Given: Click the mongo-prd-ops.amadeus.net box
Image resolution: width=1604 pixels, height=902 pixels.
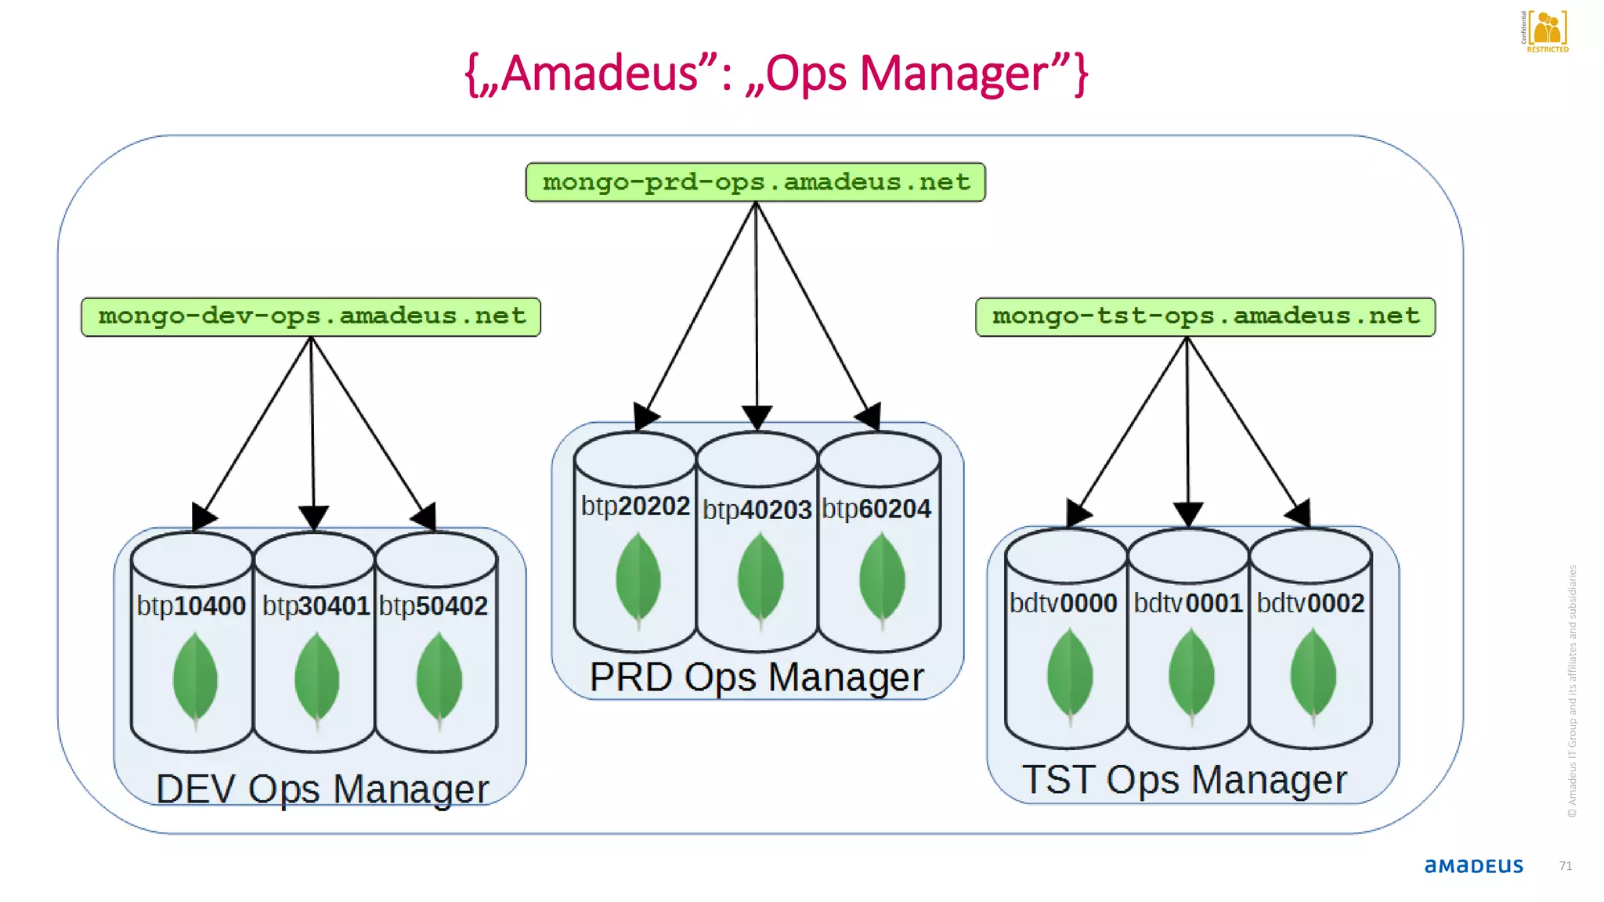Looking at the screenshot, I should [755, 182].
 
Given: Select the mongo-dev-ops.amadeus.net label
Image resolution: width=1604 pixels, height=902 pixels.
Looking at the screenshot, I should [311, 316].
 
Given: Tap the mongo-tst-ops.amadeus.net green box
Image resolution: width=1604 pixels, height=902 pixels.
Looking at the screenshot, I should [1205, 316].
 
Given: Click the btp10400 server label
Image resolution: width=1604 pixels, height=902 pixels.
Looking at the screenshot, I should [191, 605].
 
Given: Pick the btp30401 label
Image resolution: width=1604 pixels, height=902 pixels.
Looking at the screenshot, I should [315, 605].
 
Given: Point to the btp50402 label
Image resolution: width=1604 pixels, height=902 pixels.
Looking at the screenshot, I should [433, 605].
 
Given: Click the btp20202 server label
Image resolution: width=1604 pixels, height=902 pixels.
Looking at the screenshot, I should [635, 506].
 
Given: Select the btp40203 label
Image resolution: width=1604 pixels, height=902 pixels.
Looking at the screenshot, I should [757, 510].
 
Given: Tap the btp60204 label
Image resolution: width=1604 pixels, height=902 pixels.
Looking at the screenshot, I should [876, 509].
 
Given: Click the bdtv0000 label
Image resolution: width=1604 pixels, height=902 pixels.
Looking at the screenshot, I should [1063, 603].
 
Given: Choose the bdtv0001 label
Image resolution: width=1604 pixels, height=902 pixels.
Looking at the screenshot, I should [1187, 603].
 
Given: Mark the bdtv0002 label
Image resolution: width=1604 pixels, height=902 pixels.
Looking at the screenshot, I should [1310, 603].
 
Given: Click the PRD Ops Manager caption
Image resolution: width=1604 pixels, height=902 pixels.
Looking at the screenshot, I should [757, 677].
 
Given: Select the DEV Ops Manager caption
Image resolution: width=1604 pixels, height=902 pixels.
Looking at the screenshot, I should [322, 788].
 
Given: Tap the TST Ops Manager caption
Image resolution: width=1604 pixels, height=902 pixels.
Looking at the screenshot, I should [1184, 780].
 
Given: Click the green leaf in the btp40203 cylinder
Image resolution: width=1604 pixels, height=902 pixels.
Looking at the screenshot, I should [760, 579].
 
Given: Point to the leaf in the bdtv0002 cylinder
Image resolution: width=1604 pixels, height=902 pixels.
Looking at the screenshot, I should [1313, 675].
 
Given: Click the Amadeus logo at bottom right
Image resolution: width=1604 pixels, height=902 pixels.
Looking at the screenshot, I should [1473, 865].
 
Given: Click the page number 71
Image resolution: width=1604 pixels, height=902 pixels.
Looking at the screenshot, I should [1565, 865].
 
